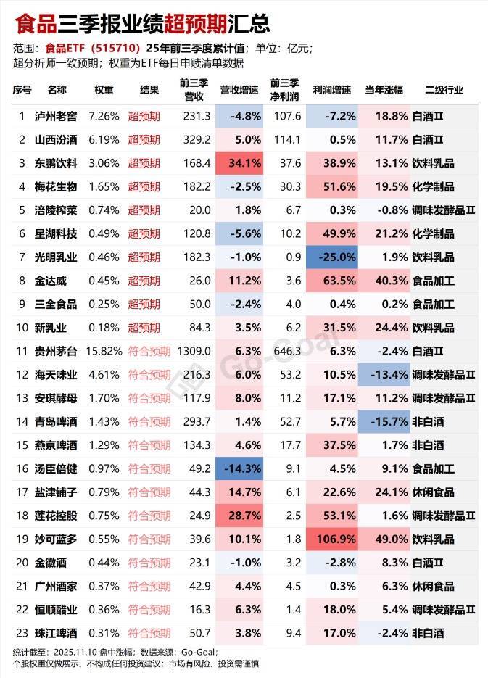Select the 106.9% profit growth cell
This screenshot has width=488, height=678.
(x=331, y=539)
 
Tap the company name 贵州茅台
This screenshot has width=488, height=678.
(x=55, y=351)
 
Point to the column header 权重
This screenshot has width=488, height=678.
(x=104, y=90)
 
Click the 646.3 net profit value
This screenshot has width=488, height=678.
(x=286, y=351)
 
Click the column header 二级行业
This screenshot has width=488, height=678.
(x=443, y=90)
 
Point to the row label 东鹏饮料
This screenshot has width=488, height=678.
(x=55, y=163)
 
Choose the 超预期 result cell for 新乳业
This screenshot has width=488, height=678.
(x=144, y=328)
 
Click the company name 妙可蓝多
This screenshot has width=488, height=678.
(x=55, y=539)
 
